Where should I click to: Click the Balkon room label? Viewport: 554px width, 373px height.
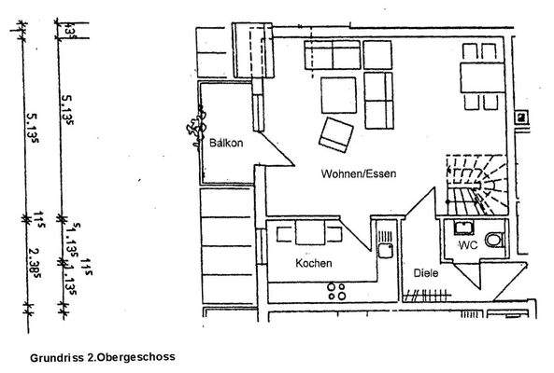pyautogui.click(x=227, y=143)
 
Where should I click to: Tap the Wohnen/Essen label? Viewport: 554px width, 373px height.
pyautogui.click(x=361, y=174)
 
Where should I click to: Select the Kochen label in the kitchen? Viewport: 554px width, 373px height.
pyautogui.click(x=314, y=263)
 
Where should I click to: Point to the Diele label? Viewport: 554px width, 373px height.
pyautogui.click(x=427, y=273)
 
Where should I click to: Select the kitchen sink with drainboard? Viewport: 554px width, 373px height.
pyautogui.click(x=382, y=241)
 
